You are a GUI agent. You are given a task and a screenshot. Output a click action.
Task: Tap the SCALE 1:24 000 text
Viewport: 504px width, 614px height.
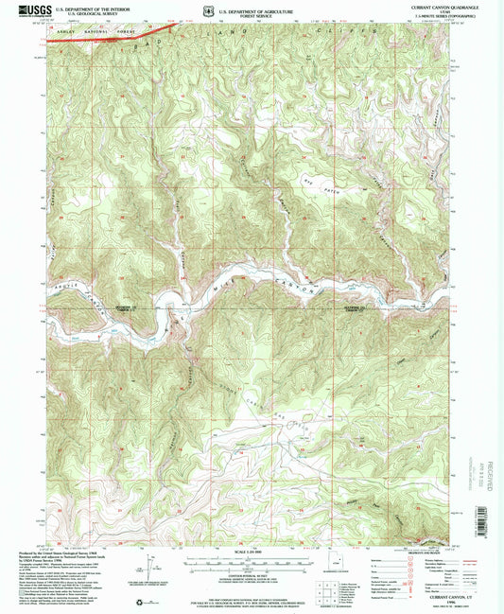(x=250, y=552)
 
